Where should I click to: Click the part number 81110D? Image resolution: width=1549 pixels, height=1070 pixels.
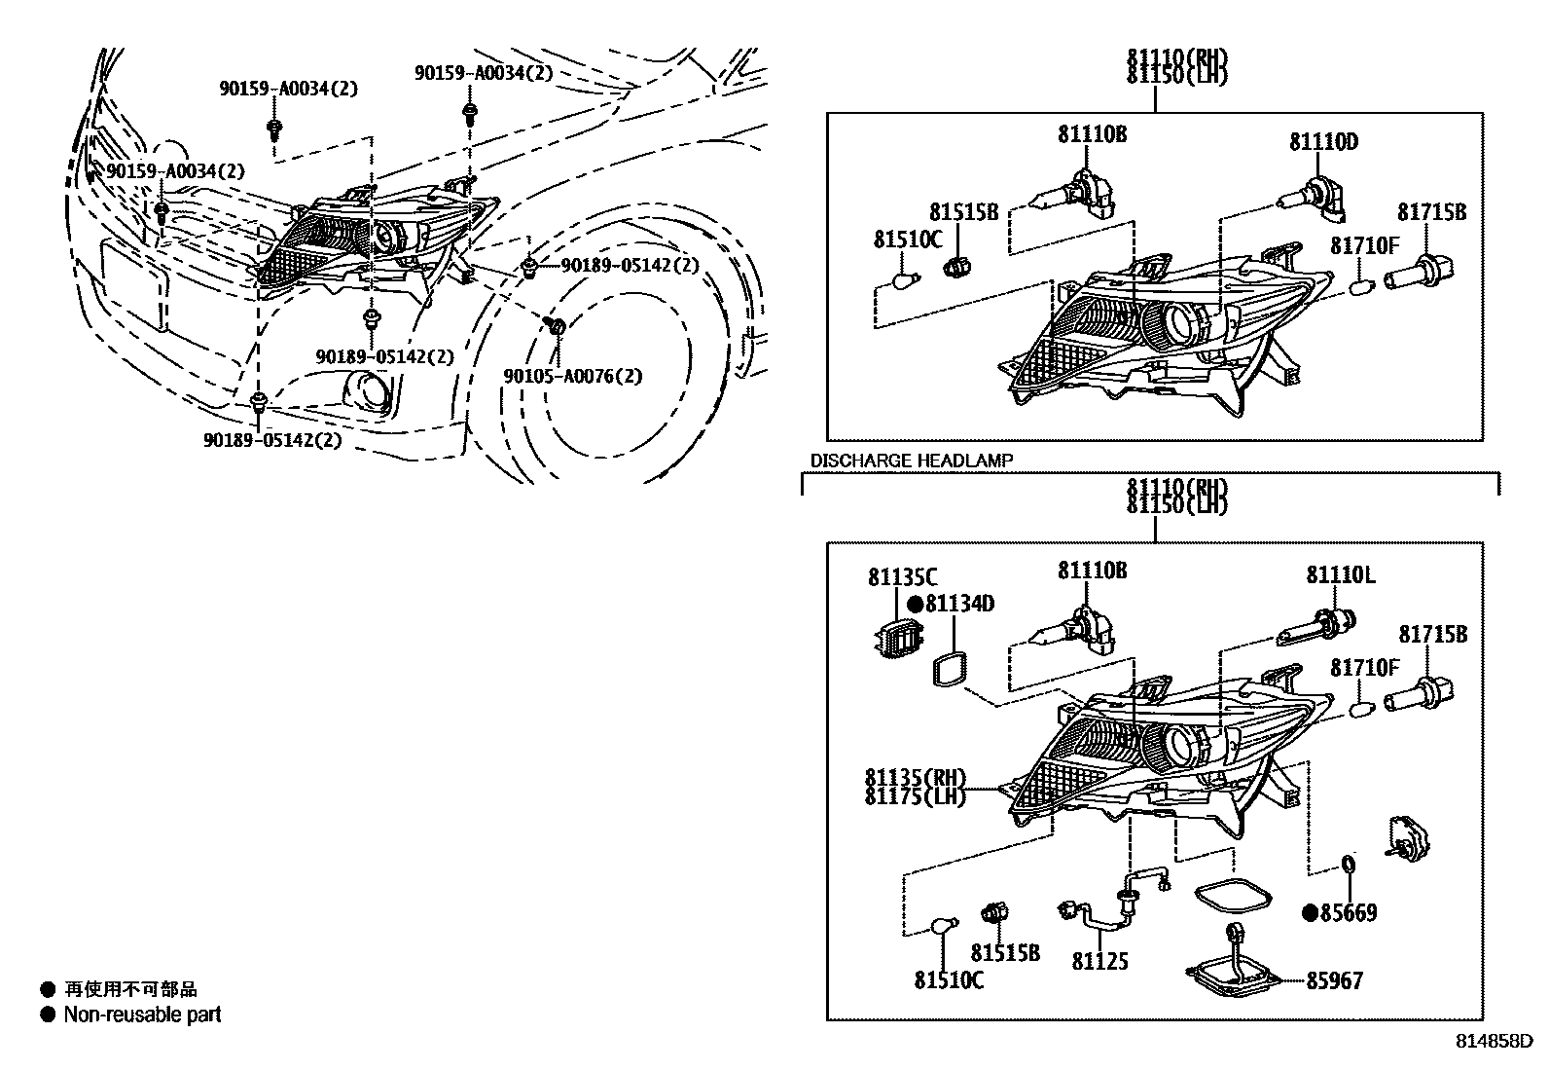tap(1323, 142)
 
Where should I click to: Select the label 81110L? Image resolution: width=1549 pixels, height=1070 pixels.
tap(1340, 575)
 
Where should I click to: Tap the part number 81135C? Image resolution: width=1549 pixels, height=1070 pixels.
tap(902, 578)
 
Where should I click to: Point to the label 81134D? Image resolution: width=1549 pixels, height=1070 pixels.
tap(959, 604)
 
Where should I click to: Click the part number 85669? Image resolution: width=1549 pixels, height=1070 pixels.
tap(1349, 913)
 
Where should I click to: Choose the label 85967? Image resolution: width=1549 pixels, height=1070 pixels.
tap(1334, 980)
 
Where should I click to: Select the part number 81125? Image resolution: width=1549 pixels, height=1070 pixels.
tap(1100, 961)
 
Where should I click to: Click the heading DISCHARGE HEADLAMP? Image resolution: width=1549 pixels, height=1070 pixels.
tap(912, 461)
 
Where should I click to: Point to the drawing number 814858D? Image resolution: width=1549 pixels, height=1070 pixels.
tap(1496, 1041)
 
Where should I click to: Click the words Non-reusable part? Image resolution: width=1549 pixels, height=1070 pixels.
tap(142, 1015)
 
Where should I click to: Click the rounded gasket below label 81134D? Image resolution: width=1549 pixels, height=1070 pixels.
tap(948, 671)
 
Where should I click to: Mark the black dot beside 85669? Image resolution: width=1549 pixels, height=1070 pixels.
tap(1310, 913)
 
